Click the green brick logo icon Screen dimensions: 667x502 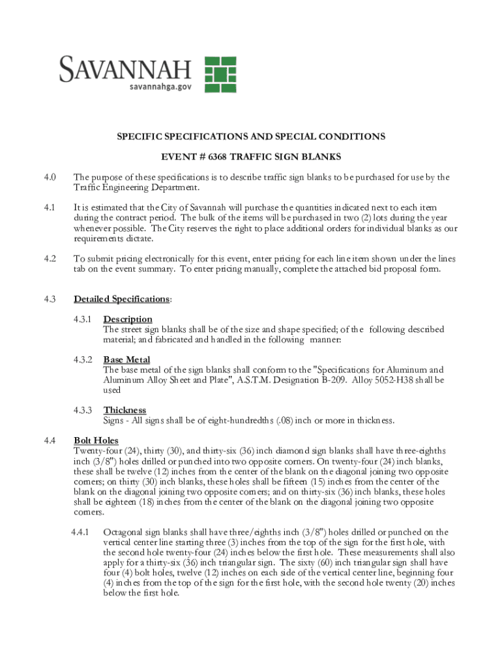click(220, 74)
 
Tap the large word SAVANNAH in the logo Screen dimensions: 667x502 click(126, 68)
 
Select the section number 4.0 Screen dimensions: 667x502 click(50, 177)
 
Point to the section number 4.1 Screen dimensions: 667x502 click(50, 207)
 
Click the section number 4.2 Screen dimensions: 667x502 click(50, 259)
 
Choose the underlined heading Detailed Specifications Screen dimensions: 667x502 click(121, 299)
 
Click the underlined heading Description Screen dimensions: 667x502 click(128, 319)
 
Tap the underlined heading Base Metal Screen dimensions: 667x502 click(126, 360)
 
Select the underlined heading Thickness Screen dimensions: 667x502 click(125, 410)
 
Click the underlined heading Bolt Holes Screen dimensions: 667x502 click(96, 441)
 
